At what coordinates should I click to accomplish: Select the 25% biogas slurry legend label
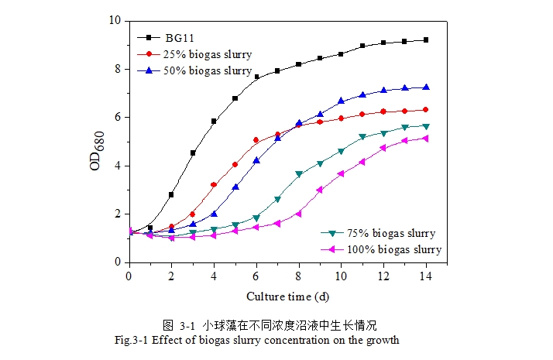pos(207,53)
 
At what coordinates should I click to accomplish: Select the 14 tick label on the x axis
pos(425,275)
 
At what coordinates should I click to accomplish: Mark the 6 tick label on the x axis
pos(256,275)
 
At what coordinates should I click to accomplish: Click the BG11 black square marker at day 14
pos(425,39)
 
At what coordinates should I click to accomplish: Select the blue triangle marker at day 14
pos(425,87)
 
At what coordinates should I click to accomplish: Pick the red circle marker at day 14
pos(425,110)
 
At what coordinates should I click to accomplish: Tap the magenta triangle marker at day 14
pos(425,139)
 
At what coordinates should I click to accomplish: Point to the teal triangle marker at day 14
pos(425,126)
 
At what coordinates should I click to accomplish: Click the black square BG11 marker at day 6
pos(256,77)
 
